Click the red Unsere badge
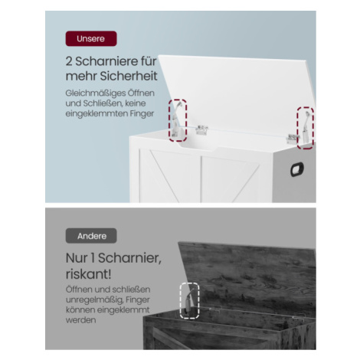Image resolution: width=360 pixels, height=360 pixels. coord(91,39)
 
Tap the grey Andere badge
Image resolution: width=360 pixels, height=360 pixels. coord(91,236)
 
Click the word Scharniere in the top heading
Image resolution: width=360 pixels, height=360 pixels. coord(108,61)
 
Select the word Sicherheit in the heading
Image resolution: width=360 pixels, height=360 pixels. coord(129,76)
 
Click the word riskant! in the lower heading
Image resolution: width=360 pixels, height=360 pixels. coord(88,274)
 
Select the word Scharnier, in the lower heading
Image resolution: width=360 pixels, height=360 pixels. coord(130,258)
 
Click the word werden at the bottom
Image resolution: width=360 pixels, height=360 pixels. coord(80,320)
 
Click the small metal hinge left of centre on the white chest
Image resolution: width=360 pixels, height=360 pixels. coord(201,129)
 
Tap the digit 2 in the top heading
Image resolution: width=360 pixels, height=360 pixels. coord(69,61)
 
